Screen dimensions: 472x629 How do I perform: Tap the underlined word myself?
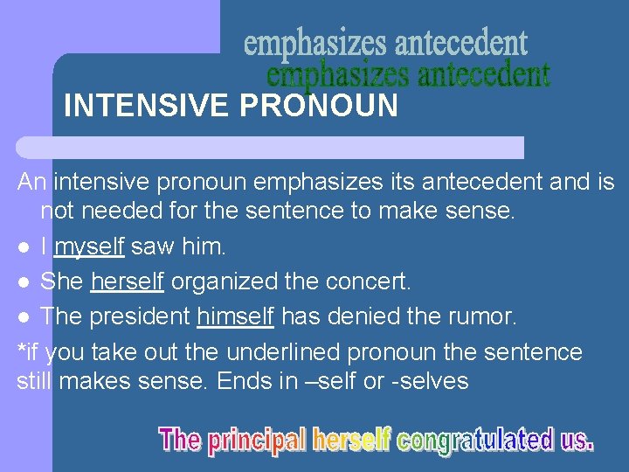point(89,247)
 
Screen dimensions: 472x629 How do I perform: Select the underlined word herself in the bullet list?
point(130,282)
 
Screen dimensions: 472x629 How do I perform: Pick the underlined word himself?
point(236,316)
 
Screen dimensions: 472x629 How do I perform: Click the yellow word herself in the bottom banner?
point(351,440)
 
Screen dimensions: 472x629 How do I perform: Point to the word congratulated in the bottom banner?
point(475,440)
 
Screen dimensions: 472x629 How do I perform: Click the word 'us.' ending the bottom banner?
point(577,440)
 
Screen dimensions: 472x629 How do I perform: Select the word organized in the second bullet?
point(233,282)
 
